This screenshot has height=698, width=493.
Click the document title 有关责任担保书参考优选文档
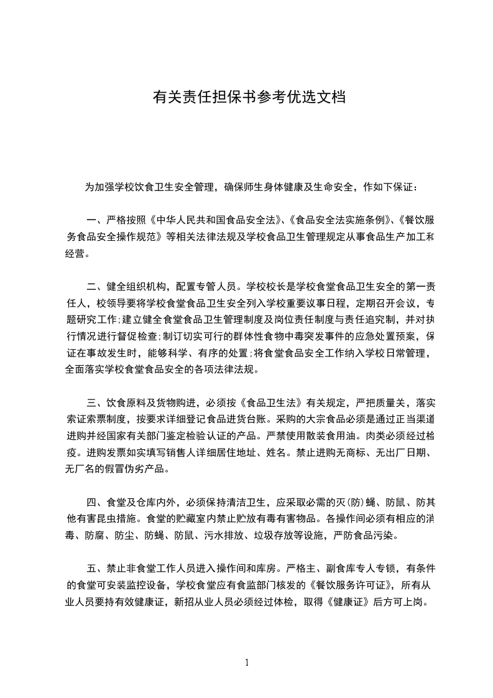coord(249,98)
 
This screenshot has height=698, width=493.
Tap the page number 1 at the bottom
coord(247,663)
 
